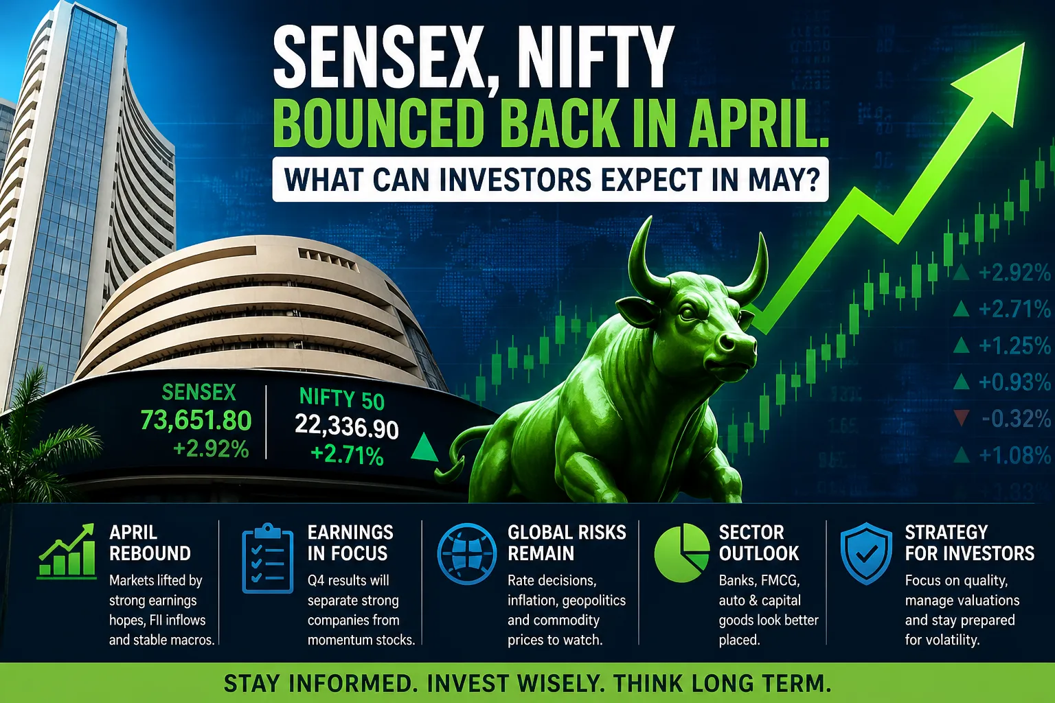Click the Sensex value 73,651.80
196,420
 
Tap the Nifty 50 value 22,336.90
347,426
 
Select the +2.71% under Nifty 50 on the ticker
347,455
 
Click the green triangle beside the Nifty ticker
424,448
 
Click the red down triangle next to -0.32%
962,417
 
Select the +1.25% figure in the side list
1014,346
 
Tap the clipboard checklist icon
267,558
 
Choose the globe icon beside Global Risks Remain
466,554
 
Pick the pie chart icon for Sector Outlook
681,553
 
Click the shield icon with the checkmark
866,553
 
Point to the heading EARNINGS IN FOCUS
350,542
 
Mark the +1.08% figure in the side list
1014,455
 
